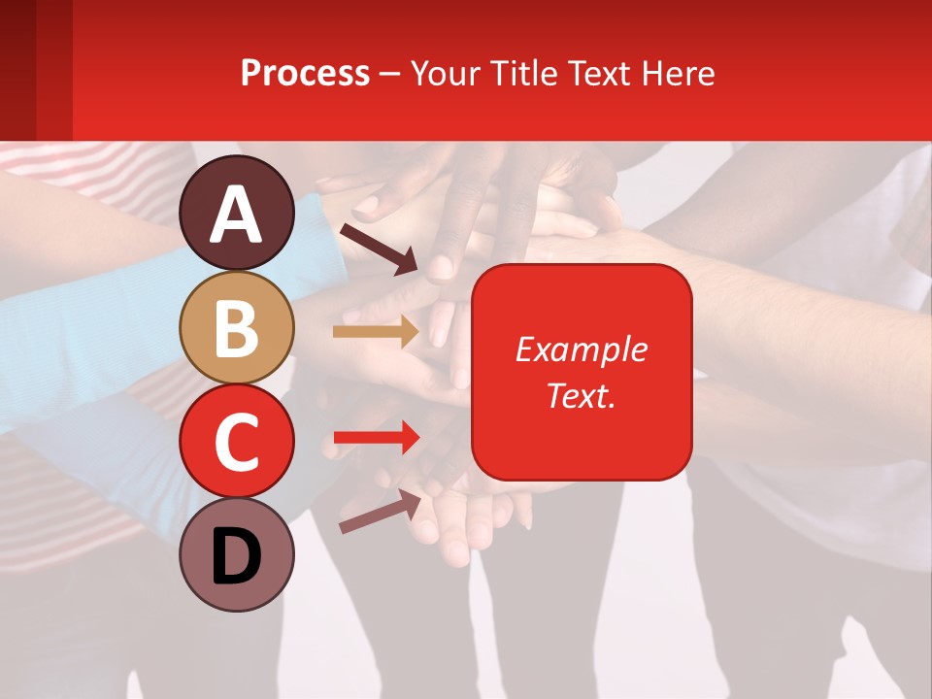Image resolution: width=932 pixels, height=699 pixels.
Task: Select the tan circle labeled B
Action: pos(237,327)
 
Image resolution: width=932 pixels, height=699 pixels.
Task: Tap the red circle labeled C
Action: pos(237,441)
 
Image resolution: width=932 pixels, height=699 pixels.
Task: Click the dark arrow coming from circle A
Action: pos(379,249)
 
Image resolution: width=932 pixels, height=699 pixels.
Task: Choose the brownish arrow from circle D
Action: pos(380,512)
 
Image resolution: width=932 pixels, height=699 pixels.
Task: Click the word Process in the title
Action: pos(305,73)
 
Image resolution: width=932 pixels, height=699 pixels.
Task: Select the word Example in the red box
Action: pos(582,349)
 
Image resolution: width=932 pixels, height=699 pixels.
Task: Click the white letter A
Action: pos(237,214)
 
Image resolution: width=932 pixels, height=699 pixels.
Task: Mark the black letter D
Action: pos(237,557)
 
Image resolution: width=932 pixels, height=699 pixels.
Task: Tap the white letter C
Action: pos(237,441)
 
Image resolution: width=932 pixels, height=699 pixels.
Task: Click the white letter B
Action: pos(237,327)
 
